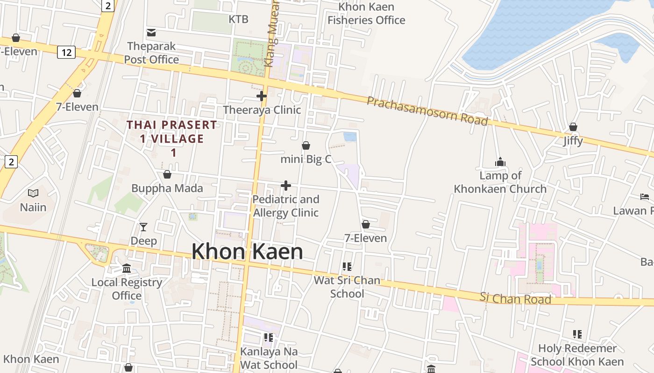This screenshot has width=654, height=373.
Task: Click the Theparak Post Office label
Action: (x=151, y=53)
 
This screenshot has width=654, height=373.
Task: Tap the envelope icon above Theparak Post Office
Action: (x=151, y=33)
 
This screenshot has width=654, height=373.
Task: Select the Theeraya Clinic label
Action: (x=262, y=110)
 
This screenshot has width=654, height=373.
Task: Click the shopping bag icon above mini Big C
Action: (x=306, y=146)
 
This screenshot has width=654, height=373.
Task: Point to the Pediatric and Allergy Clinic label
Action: (x=286, y=206)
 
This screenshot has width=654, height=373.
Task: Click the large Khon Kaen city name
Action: (x=247, y=252)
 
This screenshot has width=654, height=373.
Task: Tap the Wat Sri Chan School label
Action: (x=347, y=287)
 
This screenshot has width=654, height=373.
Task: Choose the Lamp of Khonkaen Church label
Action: (x=500, y=182)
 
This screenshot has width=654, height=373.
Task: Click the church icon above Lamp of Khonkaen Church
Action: (x=500, y=162)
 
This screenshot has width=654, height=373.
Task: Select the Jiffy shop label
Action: (x=573, y=140)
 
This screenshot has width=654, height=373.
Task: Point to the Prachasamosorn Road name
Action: (x=427, y=111)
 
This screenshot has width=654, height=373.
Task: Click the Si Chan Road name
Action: (x=516, y=298)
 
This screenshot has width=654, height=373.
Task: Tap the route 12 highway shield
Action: (x=66, y=53)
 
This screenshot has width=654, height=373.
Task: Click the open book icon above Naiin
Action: (x=33, y=193)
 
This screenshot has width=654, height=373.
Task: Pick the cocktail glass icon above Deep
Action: (x=143, y=227)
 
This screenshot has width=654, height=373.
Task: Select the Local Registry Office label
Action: (x=127, y=289)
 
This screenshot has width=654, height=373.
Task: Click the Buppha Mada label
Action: (x=167, y=188)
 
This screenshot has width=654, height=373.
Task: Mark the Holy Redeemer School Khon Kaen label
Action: (x=577, y=355)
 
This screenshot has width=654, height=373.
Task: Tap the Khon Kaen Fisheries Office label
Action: (x=366, y=14)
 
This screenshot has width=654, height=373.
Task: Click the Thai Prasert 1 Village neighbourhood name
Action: (x=172, y=138)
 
